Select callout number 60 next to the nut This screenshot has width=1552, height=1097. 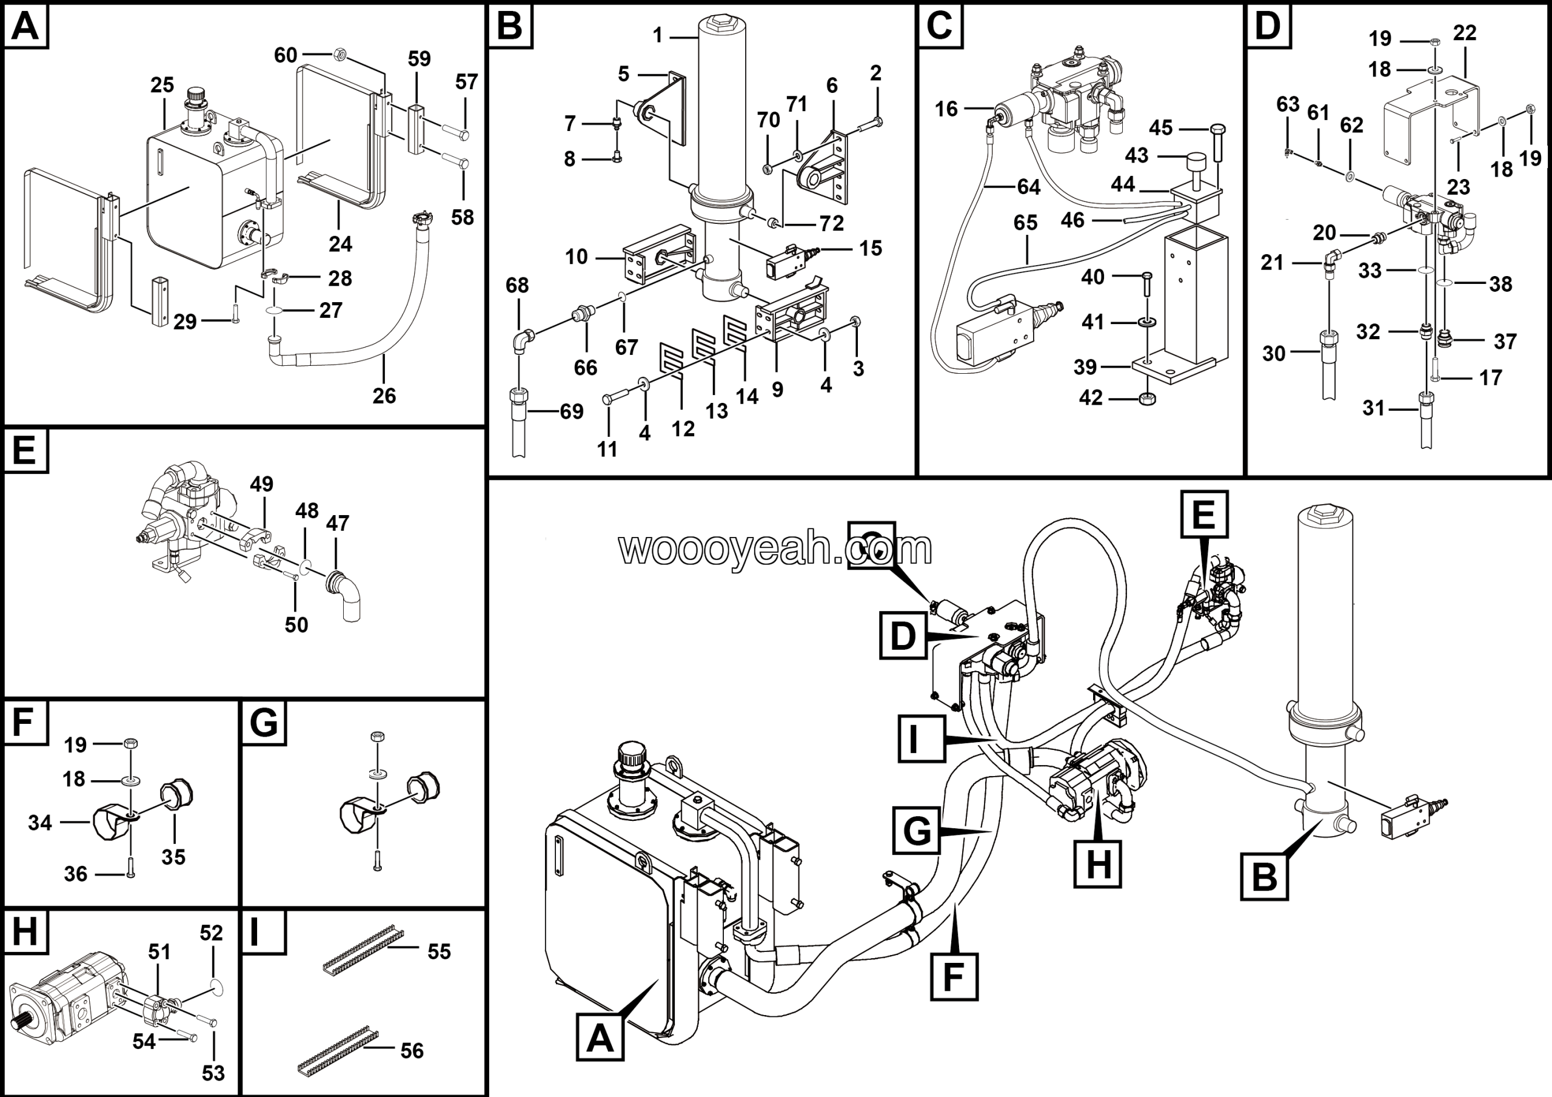pyautogui.click(x=286, y=55)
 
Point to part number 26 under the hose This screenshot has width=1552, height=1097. pyautogui.click(x=384, y=396)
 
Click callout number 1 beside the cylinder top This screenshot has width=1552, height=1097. pyautogui.click(x=658, y=35)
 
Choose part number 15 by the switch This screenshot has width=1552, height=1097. pyautogui.click(x=871, y=248)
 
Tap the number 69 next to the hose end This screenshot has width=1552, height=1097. pyautogui.click(x=571, y=411)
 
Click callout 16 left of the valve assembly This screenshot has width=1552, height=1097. pyautogui.click(x=946, y=109)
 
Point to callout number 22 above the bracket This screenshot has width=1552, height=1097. pyautogui.click(x=1464, y=33)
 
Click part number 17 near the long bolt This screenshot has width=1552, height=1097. pyautogui.click(x=1491, y=377)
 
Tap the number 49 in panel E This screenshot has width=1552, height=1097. pyautogui.click(x=261, y=484)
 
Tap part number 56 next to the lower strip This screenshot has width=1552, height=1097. pyautogui.click(x=412, y=1050)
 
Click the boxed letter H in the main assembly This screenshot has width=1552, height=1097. pyautogui.click(x=1097, y=863)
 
